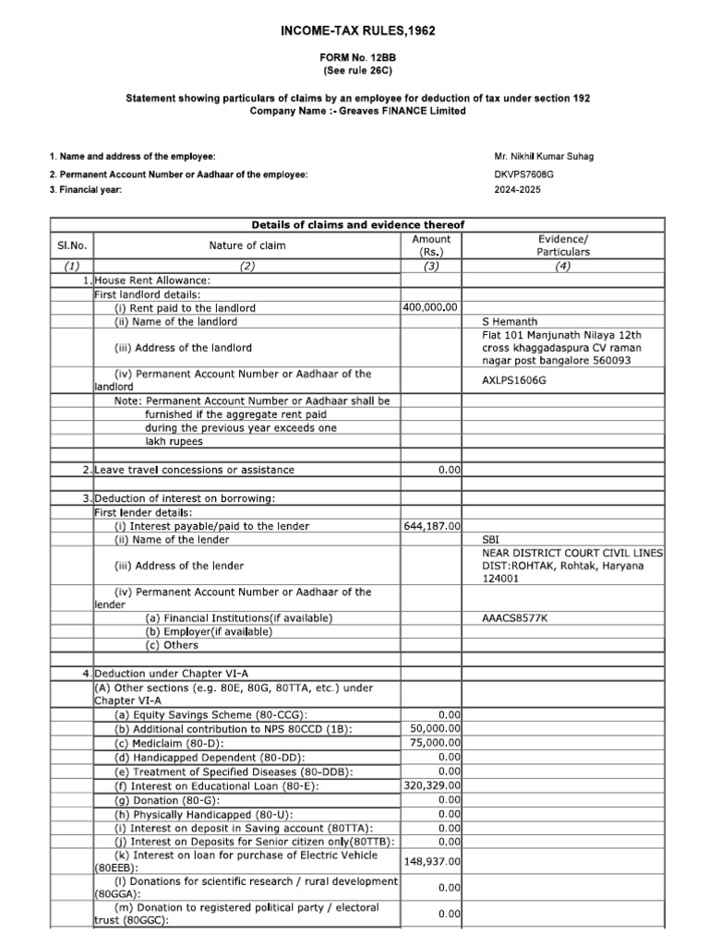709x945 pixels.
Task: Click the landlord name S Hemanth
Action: click(x=511, y=322)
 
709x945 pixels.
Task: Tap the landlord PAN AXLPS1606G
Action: click(x=515, y=379)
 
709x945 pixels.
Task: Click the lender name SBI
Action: click(x=492, y=540)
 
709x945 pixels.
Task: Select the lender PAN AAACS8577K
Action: click(x=515, y=617)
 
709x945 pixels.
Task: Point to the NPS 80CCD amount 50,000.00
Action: click(x=436, y=729)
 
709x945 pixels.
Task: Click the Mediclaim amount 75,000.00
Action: click(x=436, y=743)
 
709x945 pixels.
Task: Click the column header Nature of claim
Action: click(x=246, y=245)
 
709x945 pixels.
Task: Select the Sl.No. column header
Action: click(x=71, y=245)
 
